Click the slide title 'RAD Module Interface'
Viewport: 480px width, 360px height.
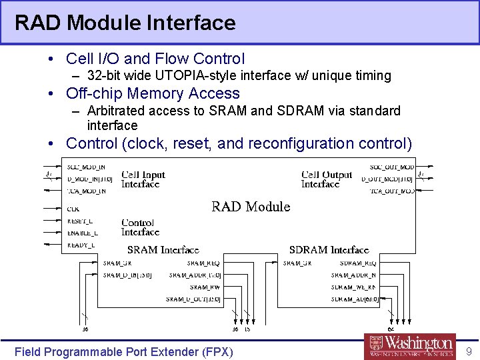tap(125, 23)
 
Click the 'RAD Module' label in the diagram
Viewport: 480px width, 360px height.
tap(251, 207)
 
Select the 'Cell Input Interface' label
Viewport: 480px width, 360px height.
tap(143, 179)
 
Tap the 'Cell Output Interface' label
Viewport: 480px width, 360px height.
tap(327, 179)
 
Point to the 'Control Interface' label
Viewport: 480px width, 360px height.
tap(141, 227)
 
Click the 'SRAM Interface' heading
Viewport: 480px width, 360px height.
tap(163, 250)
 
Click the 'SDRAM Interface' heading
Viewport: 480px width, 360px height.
tap(329, 250)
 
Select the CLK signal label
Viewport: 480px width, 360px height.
tap(73, 209)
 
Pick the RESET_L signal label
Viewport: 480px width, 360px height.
tap(81, 221)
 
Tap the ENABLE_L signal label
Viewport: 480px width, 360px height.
tap(83, 233)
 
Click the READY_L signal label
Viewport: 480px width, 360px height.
tap(81, 245)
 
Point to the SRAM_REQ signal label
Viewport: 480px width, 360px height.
tap(204, 263)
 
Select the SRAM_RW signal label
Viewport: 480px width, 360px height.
tap(206, 287)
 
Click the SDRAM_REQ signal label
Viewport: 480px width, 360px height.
tap(358, 263)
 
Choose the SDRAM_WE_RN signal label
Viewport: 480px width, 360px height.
tap(353, 287)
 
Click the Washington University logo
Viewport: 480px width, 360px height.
tap(411, 346)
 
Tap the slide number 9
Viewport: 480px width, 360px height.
tap(469, 351)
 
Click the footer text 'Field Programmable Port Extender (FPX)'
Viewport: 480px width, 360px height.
tap(124, 351)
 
